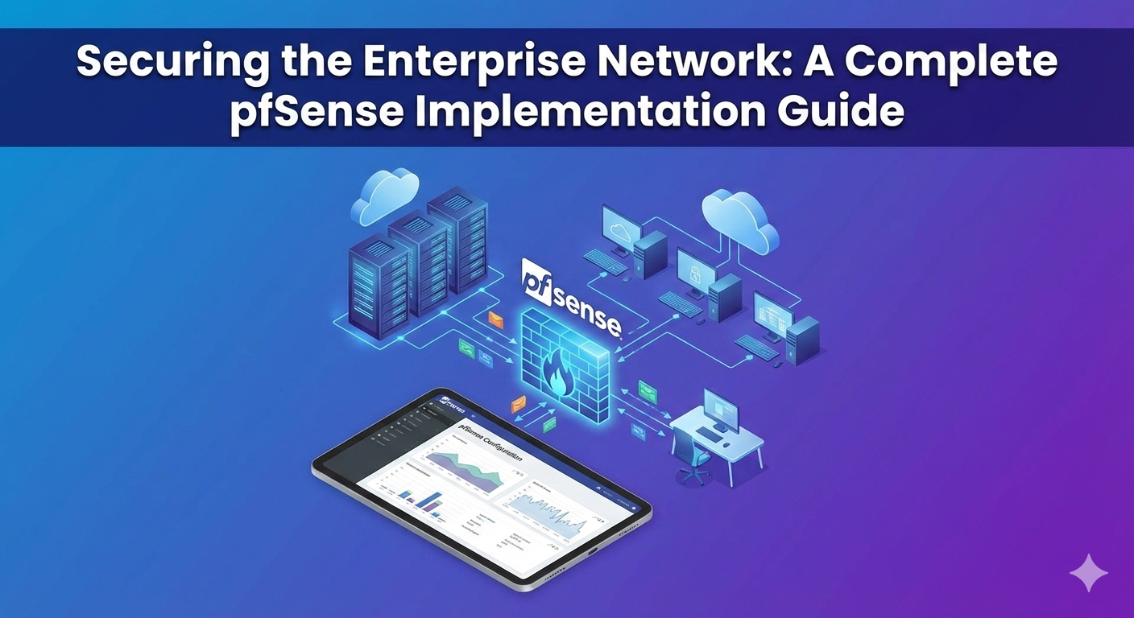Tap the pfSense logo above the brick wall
[x=571, y=303]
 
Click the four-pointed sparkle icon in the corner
[x=1088, y=573]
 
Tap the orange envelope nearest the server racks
[x=495, y=320]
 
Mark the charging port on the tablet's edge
[x=593, y=552]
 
